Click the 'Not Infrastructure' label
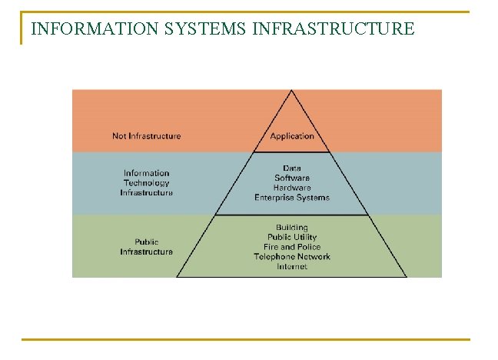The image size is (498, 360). [146, 136]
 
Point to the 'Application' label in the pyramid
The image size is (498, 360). [292, 136]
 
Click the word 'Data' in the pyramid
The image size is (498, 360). [292, 168]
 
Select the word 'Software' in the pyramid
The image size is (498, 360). [292, 178]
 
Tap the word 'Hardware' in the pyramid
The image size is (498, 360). [292, 188]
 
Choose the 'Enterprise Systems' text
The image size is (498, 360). [292, 198]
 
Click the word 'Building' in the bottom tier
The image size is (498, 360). [292, 228]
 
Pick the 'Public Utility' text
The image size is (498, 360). [292, 237]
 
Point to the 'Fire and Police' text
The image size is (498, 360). [292, 247]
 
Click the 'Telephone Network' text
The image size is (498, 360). [292, 257]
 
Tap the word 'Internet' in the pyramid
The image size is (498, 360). [292, 266]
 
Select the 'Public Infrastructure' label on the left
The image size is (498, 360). [146, 246]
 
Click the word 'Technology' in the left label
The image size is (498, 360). [146, 183]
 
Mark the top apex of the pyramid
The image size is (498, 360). [291, 90]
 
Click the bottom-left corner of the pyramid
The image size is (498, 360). [177, 276]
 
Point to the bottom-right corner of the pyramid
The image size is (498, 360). [407, 276]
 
